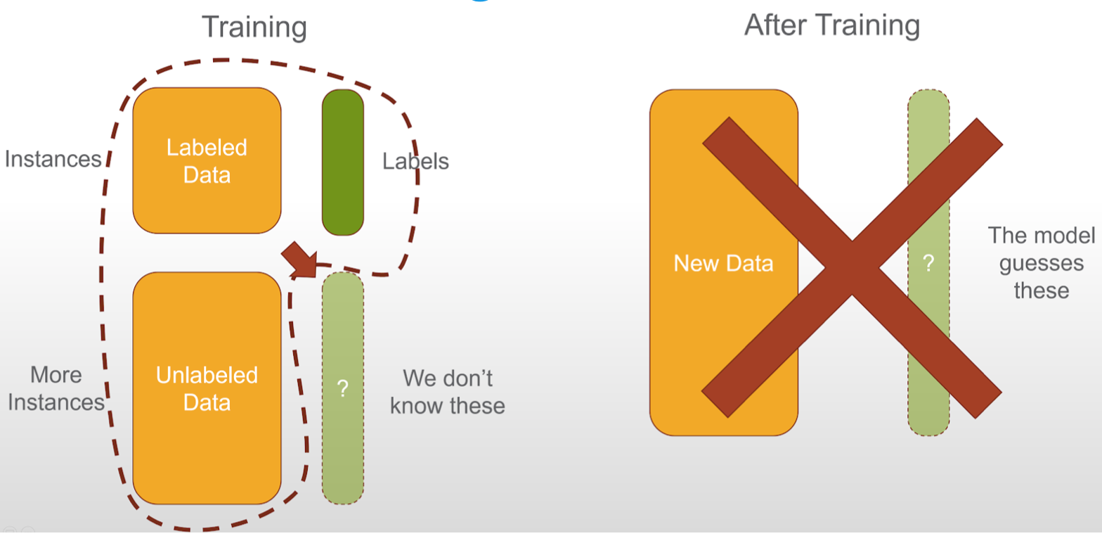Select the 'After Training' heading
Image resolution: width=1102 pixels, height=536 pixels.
tap(831, 26)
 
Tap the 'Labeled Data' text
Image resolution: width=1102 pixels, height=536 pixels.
tap(207, 161)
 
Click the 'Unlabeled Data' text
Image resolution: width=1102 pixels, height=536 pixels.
tap(207, 389)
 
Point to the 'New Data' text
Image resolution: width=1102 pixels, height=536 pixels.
tap(723, 264)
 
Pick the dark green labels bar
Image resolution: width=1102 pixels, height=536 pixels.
tap(343, 162)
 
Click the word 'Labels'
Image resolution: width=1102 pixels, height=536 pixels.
tap(415, 162)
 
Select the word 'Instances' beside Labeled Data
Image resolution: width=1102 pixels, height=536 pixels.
tap(53, 160)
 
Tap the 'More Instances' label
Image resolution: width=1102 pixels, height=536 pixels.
tap(56, 389)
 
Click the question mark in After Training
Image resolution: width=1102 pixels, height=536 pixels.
tap(928, 264)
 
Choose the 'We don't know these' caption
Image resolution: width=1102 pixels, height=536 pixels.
tap(447, 392)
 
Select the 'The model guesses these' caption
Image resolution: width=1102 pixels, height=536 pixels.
tap(1041, 263)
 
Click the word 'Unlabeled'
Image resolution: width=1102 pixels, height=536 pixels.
tap(207, 376)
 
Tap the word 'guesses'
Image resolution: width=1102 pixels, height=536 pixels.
tap(1041, 264)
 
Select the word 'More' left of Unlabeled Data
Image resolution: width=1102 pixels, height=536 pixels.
tap(56, 376)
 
